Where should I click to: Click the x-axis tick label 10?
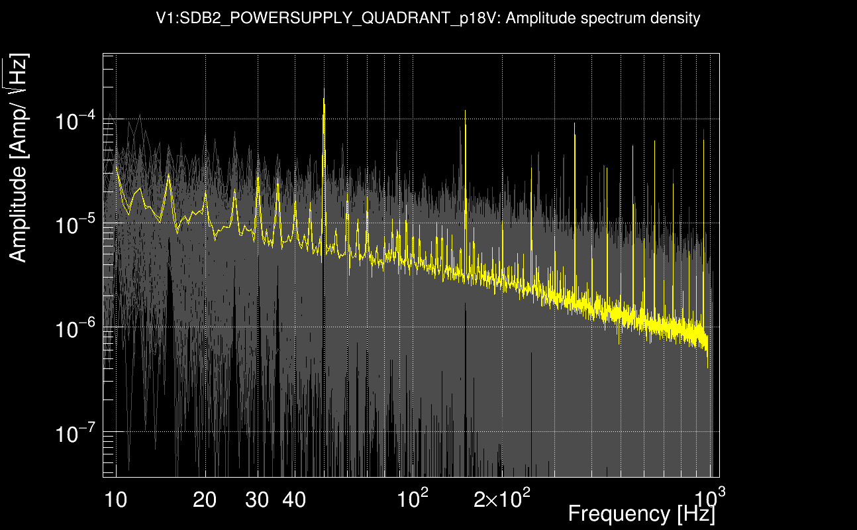(x=115, y=500)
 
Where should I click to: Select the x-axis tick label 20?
(x=205, y=500)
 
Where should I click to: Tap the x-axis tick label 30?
(x=257, y=500)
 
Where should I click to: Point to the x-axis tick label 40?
(x=294, y=500)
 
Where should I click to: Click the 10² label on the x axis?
(x=411, y=499)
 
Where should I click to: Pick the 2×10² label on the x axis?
(x=501, y=499)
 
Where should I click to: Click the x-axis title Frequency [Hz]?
(x=641, y=514)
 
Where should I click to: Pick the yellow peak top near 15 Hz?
(x=169, y=176)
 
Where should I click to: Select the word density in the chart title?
(x=677, y=19)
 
